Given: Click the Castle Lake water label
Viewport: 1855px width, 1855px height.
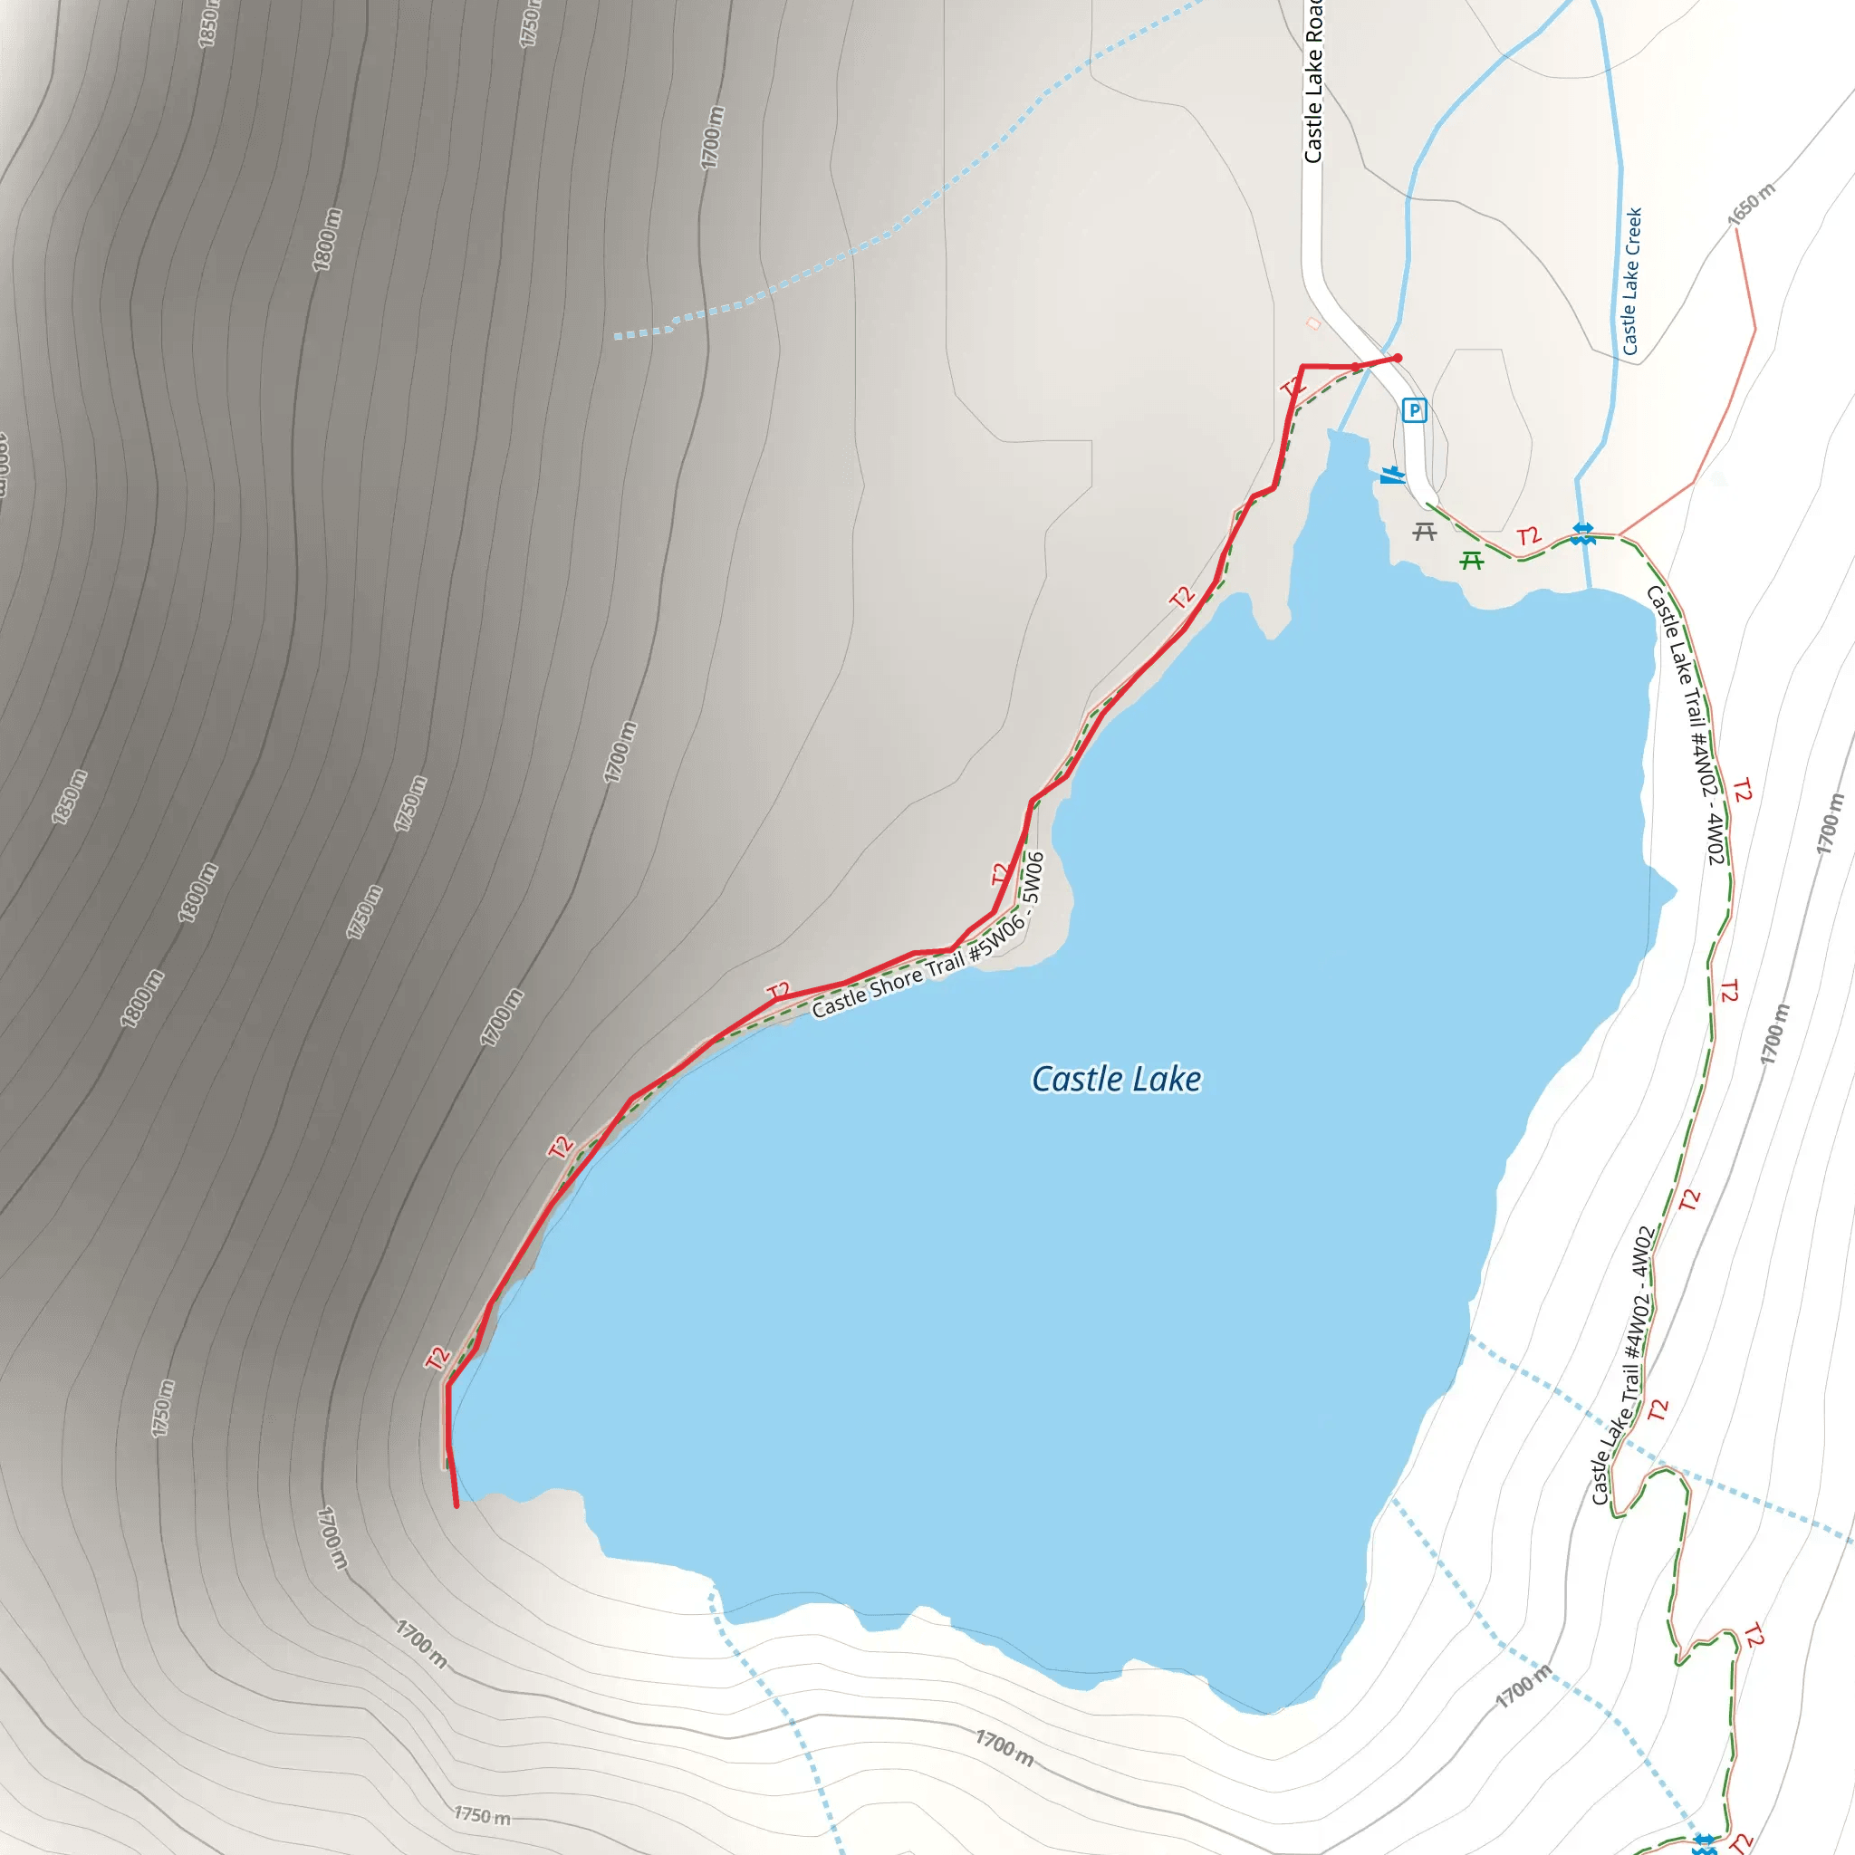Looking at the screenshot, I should pyautogui.click(x=1116, y=1079).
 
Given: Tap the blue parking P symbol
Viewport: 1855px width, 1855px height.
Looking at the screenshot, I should pyautogui.click(x=1413, y=411).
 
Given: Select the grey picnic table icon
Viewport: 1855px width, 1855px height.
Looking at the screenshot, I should pyautogui.click(x=1425, y=531).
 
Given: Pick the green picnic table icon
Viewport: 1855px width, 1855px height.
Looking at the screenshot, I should pyautogui.click(x=1472, y=560).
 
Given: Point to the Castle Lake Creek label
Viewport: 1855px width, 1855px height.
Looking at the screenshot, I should pyautogui.click(x=1631, y=282).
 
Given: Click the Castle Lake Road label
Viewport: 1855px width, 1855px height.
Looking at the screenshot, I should pyautogui.click(x=1312, y=82).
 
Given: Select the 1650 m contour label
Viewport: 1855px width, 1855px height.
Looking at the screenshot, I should pyautogui.click(x=1752, y=204).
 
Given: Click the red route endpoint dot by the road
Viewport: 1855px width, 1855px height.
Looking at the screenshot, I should pyautogui.click(x=1398, y=358).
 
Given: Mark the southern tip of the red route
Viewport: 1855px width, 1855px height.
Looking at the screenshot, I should pyautogui.click(x=457, y=1505).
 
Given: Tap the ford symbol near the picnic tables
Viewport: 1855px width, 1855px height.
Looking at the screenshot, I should pyautogui.click(x=1583, y=533).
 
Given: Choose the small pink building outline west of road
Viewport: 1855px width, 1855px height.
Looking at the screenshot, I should pyautogui.click(x=1313, y=324).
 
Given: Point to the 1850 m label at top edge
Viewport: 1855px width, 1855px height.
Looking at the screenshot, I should pyautogui.click(x=207, y=24).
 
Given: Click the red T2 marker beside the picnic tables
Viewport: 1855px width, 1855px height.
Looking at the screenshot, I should pyautogui.click(x=1528, y=536).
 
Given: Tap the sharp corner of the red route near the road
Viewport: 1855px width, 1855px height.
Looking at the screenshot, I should pyautogui.click(x=1302, y=367).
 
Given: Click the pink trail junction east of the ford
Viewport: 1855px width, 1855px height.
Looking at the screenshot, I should pyautogui.click(x=1620, y=533).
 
